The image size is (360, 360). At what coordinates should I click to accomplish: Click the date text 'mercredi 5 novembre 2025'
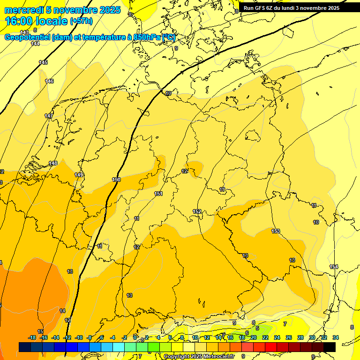coord(62,10)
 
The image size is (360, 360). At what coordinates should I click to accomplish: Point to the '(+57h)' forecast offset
coord(81,21)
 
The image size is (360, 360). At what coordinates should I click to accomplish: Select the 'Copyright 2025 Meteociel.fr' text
coord(199,356)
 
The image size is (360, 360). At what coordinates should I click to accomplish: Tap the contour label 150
coord(116,180)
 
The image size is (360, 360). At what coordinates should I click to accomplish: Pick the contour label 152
coord(197,211)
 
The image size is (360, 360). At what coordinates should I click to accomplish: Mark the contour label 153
coord(276,231)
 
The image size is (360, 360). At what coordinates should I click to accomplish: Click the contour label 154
coord(334,267)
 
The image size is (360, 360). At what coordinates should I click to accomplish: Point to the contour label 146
coord(49,81)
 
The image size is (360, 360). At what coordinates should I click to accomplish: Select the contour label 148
coord(53,163)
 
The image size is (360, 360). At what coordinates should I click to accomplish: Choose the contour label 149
coord(79,175)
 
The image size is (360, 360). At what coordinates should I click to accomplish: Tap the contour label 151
coord(159,194)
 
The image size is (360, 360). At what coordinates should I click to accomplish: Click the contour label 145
coord(43,62)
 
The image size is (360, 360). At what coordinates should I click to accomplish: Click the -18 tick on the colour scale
coord(32,337)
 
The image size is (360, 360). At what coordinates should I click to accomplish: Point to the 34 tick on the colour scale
coord(335,337)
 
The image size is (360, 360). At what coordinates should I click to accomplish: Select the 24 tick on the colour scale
coord(277,337)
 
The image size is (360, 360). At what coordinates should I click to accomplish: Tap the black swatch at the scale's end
coord(330,347)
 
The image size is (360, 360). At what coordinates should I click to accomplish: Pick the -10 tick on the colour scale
coord(79,337)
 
